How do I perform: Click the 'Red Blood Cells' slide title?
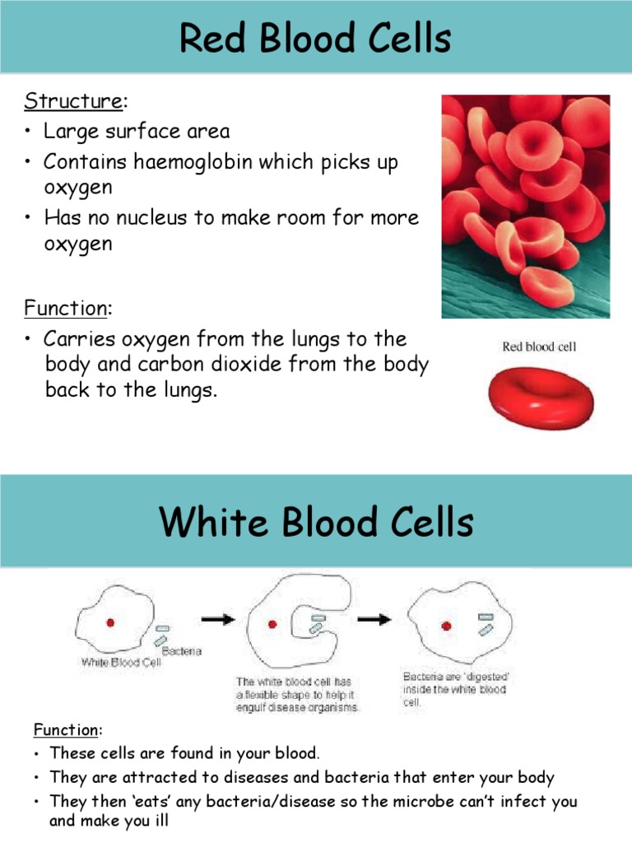[316, 39]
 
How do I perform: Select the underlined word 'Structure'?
[72, 101]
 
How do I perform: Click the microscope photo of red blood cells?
[526, 206]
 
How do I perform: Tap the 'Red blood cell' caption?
[539, 347]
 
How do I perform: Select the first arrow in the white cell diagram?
[218, 620]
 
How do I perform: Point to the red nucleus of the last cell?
[446, 626]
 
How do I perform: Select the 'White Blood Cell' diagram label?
[120, 661]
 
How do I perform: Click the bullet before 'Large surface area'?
[28, 132]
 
